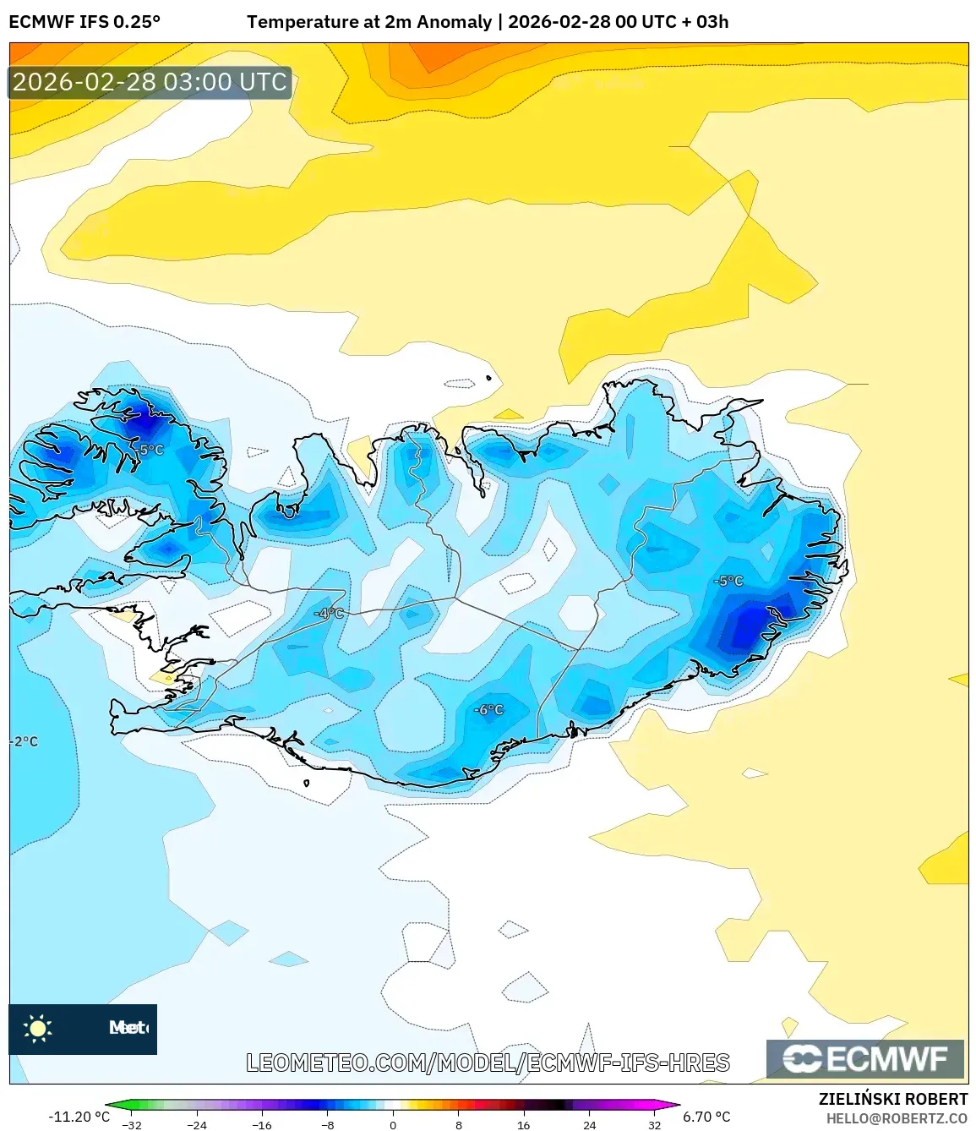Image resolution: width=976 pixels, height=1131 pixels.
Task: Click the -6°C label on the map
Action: (x=489, y=709)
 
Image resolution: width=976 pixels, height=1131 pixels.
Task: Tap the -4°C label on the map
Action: (x=330, y=613)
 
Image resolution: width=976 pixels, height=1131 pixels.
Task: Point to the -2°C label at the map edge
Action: (x=25, y=741)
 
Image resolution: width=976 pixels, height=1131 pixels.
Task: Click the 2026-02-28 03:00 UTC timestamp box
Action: (x=150, y=82)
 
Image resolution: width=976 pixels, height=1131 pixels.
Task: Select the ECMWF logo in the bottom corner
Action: (x=865, y=1058)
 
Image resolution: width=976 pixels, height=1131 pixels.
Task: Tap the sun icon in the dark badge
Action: (x=38, y=1028)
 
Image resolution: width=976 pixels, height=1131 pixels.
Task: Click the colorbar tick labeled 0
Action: (x=393, y=1124)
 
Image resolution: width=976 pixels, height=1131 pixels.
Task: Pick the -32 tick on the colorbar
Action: (x=131, y=1124)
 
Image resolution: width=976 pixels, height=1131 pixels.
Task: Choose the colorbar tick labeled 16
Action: (x=523, y=1124)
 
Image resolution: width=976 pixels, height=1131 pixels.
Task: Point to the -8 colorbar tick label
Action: (x=328, y=1124)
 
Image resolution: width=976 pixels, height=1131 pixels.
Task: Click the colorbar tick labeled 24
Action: (x=589, y=1124)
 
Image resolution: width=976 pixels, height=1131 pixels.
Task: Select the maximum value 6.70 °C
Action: (x=706, y=1117)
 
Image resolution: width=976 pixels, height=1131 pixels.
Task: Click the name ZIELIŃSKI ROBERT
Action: (x=893, y=1099)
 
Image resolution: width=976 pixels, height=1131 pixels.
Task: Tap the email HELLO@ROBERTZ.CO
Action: (x=897, y=1118)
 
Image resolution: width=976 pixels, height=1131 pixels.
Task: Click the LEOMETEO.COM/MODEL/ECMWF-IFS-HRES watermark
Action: (x=488, y=1063)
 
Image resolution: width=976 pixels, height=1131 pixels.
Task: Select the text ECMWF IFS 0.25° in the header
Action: (x=85, y=22)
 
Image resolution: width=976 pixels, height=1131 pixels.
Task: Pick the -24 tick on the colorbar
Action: (x=196, y=1124)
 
